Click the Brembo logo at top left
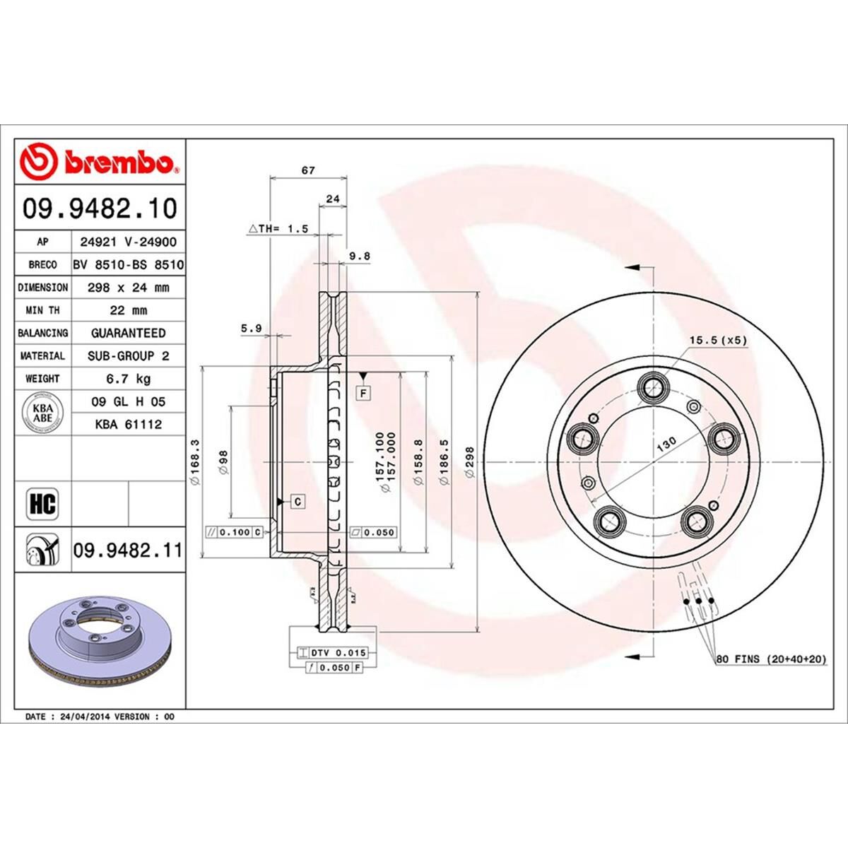100,162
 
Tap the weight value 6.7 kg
128,379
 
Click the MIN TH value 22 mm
128,310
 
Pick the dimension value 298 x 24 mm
128,288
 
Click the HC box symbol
42,504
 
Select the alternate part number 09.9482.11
127,550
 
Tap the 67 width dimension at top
308,171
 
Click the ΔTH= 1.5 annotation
278,229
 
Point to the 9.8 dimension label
360,257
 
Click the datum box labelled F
364,392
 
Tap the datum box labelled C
298,501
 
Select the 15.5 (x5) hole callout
718,340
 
